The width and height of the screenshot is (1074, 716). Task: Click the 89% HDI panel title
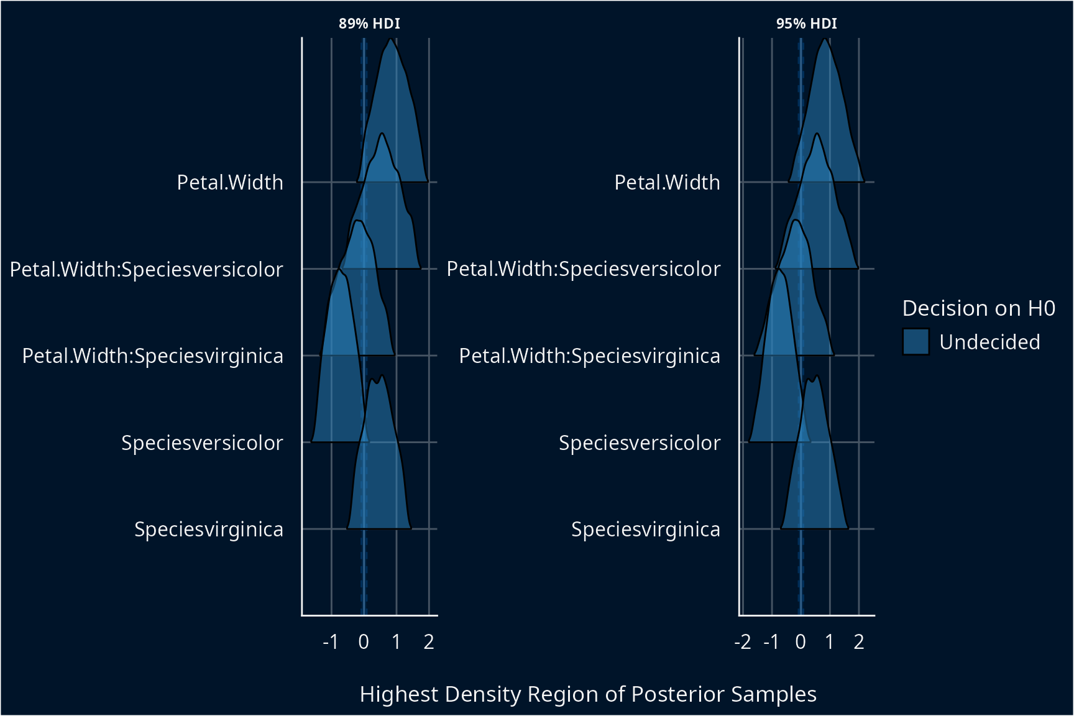point(369,24)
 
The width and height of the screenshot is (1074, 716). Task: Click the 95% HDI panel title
point(806,24)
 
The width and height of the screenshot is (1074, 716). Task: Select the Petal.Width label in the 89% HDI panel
point(230,182)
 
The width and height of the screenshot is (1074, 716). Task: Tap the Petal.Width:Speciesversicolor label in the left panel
point(147,269)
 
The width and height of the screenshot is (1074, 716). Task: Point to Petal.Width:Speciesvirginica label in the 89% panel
point(153,356)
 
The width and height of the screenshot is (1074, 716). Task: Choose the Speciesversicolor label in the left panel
point(202,443)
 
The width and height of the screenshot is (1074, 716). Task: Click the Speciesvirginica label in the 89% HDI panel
point(209,529)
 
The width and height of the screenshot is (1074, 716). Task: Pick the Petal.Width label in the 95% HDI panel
point(667,182)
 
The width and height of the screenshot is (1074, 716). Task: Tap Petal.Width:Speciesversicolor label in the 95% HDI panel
point(584,269)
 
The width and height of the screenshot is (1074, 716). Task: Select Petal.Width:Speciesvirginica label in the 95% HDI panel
point(590,356)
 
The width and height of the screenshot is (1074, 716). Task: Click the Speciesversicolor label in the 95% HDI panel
point(640,443)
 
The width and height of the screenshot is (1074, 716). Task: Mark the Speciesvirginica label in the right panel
point(646,529)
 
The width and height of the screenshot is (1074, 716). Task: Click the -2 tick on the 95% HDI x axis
point(743,641)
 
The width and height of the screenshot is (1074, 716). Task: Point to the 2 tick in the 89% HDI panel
point(429,641)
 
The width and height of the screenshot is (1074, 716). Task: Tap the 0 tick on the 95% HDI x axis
point(801,641)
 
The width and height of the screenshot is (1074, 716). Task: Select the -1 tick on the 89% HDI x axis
point(331,641)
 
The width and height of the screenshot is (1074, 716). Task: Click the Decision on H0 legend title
point(978,308)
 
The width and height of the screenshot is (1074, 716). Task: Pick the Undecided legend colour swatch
point(916,342)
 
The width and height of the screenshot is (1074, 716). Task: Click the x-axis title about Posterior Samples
point(588,694)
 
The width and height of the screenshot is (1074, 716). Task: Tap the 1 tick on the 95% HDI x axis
point(830,641)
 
